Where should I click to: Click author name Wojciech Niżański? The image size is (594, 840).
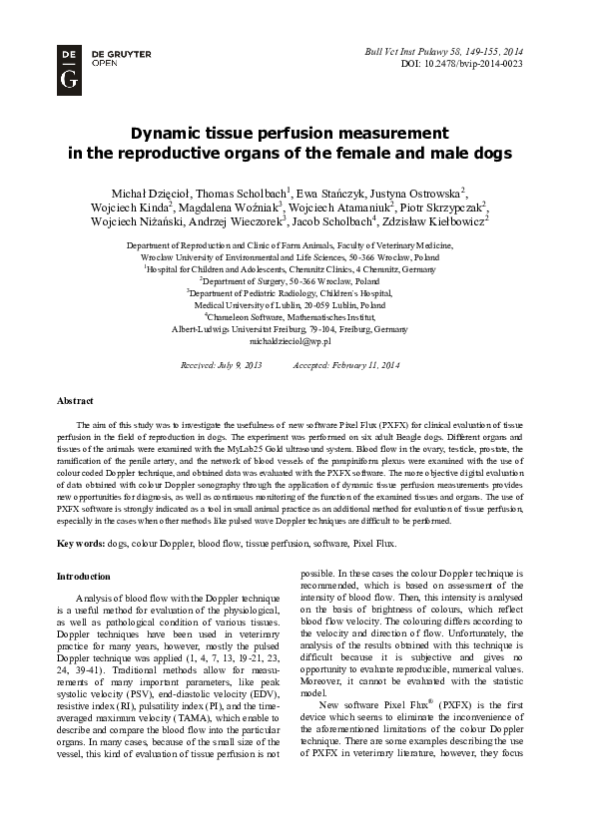[x=150, y=222]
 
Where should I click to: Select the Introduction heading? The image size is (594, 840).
[x=85, y=577]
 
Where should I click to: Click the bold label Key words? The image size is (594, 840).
[x=80, y=544]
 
